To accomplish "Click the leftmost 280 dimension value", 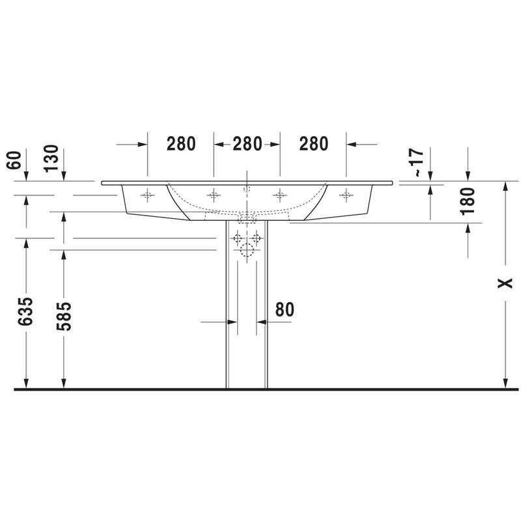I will [x=181, y=144].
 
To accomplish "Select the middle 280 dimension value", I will [x=247, y=144].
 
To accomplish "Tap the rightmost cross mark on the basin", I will [x=346, y=194].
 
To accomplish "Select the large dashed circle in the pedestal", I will [x=247, y=250].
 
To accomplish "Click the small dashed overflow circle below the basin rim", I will [x=247, y=188].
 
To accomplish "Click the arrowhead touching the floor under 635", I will [x=25, y=384].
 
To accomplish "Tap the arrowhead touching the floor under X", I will [x=505, y=384].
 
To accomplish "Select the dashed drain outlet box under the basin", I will [x=247, y=218].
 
